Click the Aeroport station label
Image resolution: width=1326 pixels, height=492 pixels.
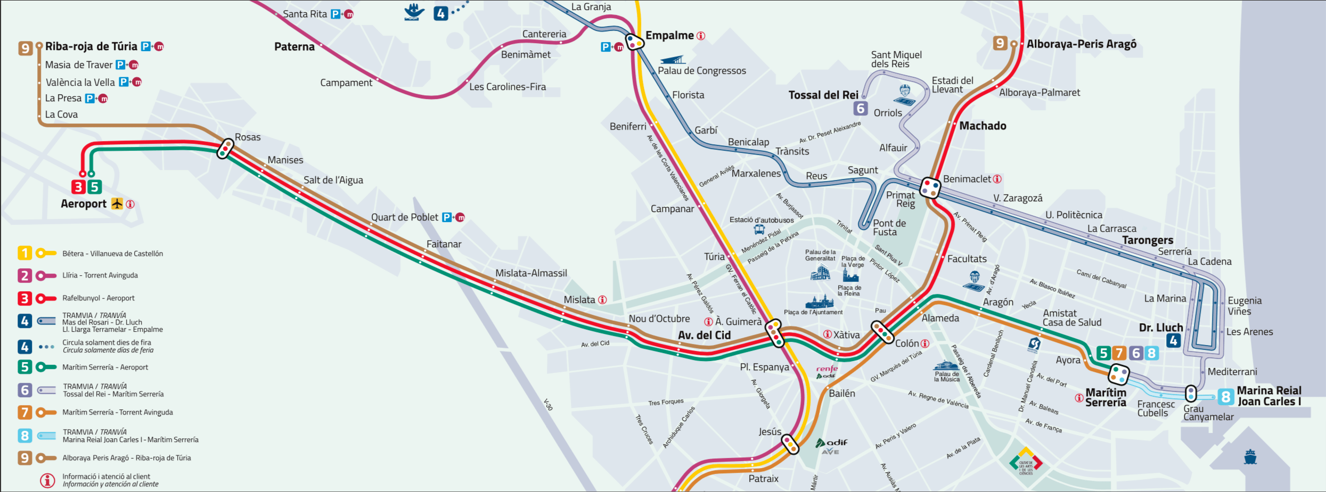[x=84, y=204]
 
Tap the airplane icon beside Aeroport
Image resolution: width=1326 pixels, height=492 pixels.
[x=117, y=204]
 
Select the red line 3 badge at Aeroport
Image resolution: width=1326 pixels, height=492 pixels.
[x=78, y=187]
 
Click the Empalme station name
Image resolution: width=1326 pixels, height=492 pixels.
[x=669, y=36]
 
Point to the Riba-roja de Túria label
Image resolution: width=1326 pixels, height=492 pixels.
[x=91, y=46]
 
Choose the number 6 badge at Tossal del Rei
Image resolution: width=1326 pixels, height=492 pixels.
[x=861, y=109]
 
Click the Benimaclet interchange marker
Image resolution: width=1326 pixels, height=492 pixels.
[x=930, y=187]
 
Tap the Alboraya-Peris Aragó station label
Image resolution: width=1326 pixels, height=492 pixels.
[x=1081, y=44]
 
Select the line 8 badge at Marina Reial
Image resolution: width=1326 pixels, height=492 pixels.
[x=1226, y=397]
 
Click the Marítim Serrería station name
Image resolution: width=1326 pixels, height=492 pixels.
[x=1106, y=398]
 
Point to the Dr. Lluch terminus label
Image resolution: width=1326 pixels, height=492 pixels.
[x=1161, y=327]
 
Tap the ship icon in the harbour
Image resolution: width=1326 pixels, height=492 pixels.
[x=1250, y=457]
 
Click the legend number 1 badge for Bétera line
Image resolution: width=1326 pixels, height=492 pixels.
[x=24, y=253]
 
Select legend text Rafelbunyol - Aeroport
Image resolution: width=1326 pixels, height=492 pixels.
[x=99, y=298]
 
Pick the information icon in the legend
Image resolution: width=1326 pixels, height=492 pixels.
[x=47, y=480]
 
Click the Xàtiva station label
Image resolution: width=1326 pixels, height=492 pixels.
[x=846, y=335]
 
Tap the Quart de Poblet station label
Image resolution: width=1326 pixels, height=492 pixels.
[x=404, y=217]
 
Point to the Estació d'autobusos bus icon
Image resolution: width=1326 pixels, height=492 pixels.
[x=759, y=230]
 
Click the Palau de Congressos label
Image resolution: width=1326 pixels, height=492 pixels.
[x=701, y=71]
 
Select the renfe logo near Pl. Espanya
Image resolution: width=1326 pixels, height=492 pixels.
[x=826, y=368]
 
